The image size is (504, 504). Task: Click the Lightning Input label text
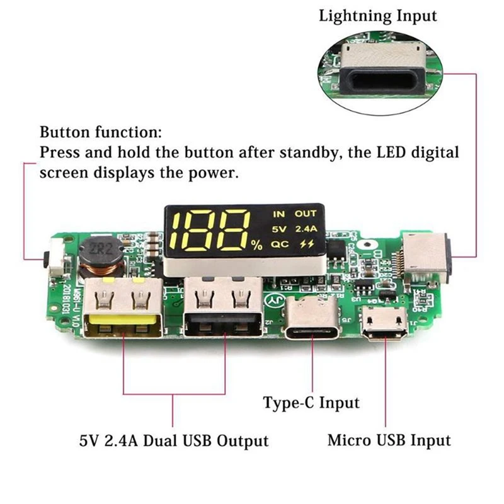(377, 16)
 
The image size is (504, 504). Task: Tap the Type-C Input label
(311, 403)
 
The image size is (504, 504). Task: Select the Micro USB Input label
(389, 440)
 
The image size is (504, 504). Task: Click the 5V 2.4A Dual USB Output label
(173, 440)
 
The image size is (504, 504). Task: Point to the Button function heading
(101, 133)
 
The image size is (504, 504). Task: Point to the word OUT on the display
(305, 214)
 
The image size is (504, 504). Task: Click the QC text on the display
(279, 243)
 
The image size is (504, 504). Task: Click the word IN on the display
(278, 214)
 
